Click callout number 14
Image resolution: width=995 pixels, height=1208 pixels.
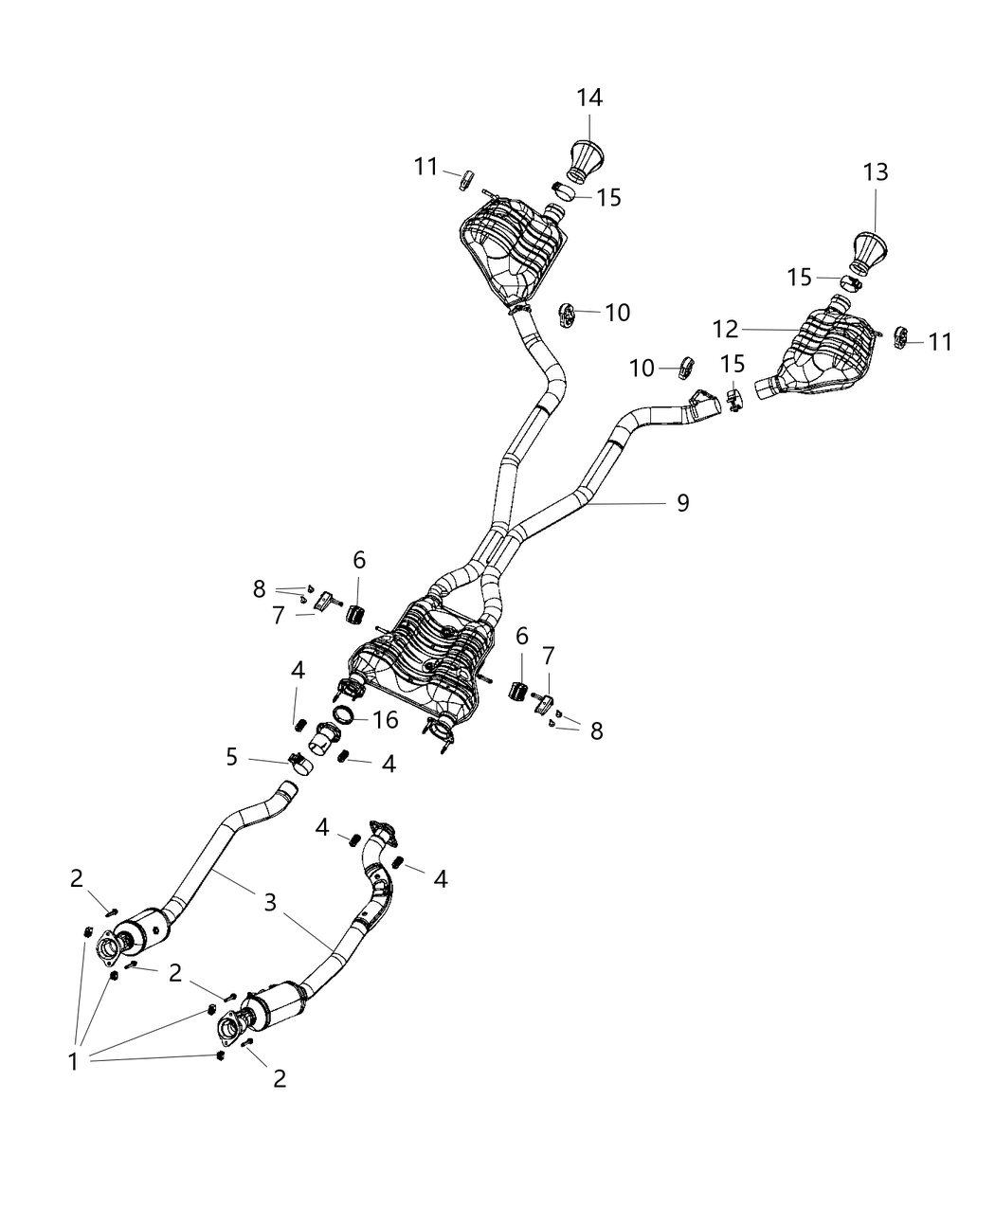(589, 98)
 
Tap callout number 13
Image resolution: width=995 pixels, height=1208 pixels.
(876, 172)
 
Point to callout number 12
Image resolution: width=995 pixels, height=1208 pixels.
(725, 329)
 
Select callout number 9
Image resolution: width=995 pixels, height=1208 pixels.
(682, 503)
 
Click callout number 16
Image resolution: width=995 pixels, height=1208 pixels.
(386, 720)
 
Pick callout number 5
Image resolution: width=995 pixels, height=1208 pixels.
(232, 756)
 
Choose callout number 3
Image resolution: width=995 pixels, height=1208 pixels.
(270, 902)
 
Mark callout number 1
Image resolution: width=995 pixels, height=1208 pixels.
(73, 1061)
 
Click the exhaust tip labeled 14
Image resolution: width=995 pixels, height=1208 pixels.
(588, 158)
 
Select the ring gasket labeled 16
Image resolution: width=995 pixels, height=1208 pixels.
(346, 714)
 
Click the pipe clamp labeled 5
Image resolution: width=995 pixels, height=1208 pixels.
(300, 762)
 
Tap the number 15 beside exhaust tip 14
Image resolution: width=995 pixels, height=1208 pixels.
(608, 197)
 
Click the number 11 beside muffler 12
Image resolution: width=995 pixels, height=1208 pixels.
(940, 341)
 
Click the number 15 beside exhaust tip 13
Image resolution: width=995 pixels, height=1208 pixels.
(800, 278)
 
